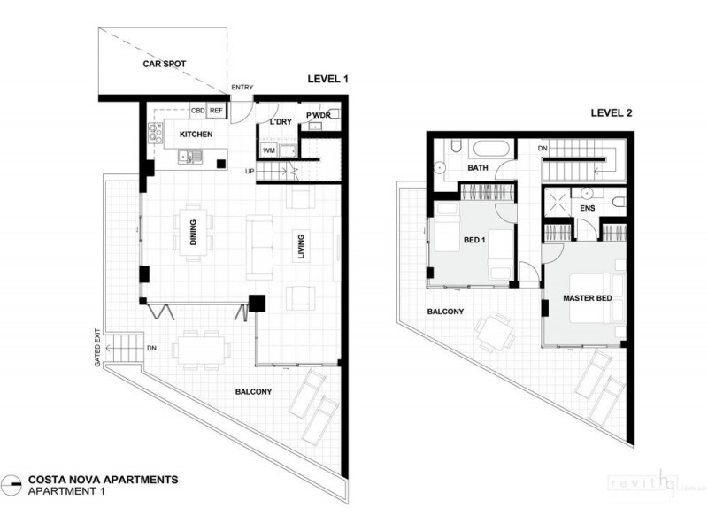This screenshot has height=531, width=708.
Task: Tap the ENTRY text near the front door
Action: (x=242, y=87)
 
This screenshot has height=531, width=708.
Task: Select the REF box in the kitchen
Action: (x=216, y=112)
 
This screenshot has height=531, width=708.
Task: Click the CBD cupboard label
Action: (x=199, y=112)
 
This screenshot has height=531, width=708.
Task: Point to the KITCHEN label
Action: (x=196, y=135)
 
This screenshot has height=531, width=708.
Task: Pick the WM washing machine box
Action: (x=269, y=150)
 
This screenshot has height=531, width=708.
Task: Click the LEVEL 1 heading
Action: (x=327, y=79)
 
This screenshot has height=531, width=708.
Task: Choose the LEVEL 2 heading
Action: (x=612, y=114)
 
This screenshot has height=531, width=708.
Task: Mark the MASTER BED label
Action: (x=588, y=298)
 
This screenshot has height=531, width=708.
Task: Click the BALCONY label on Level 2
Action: (x=446, y=312)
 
